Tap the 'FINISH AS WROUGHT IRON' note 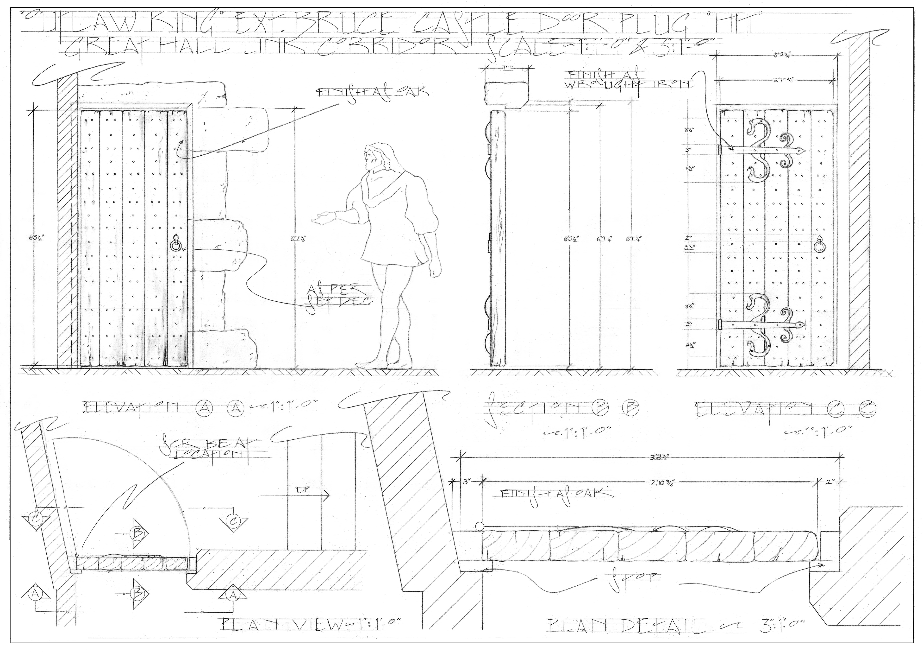(x=625, y=79)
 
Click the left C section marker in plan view (x=37, y=520)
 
